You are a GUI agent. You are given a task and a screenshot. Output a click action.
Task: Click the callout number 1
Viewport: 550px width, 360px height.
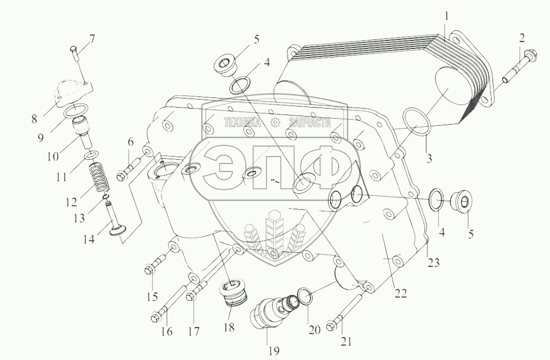447,17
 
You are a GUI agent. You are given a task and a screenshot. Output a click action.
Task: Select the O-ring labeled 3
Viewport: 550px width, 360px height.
417,121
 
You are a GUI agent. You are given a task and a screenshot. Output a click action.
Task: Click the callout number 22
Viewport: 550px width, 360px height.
400,293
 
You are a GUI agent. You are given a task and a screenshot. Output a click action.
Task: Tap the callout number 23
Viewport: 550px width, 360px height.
434,261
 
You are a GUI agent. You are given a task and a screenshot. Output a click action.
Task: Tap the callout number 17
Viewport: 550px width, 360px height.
193,331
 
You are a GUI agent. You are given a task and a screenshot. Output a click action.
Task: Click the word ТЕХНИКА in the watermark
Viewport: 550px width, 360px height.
242,123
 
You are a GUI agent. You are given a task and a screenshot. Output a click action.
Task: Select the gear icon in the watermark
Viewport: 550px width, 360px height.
275,123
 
